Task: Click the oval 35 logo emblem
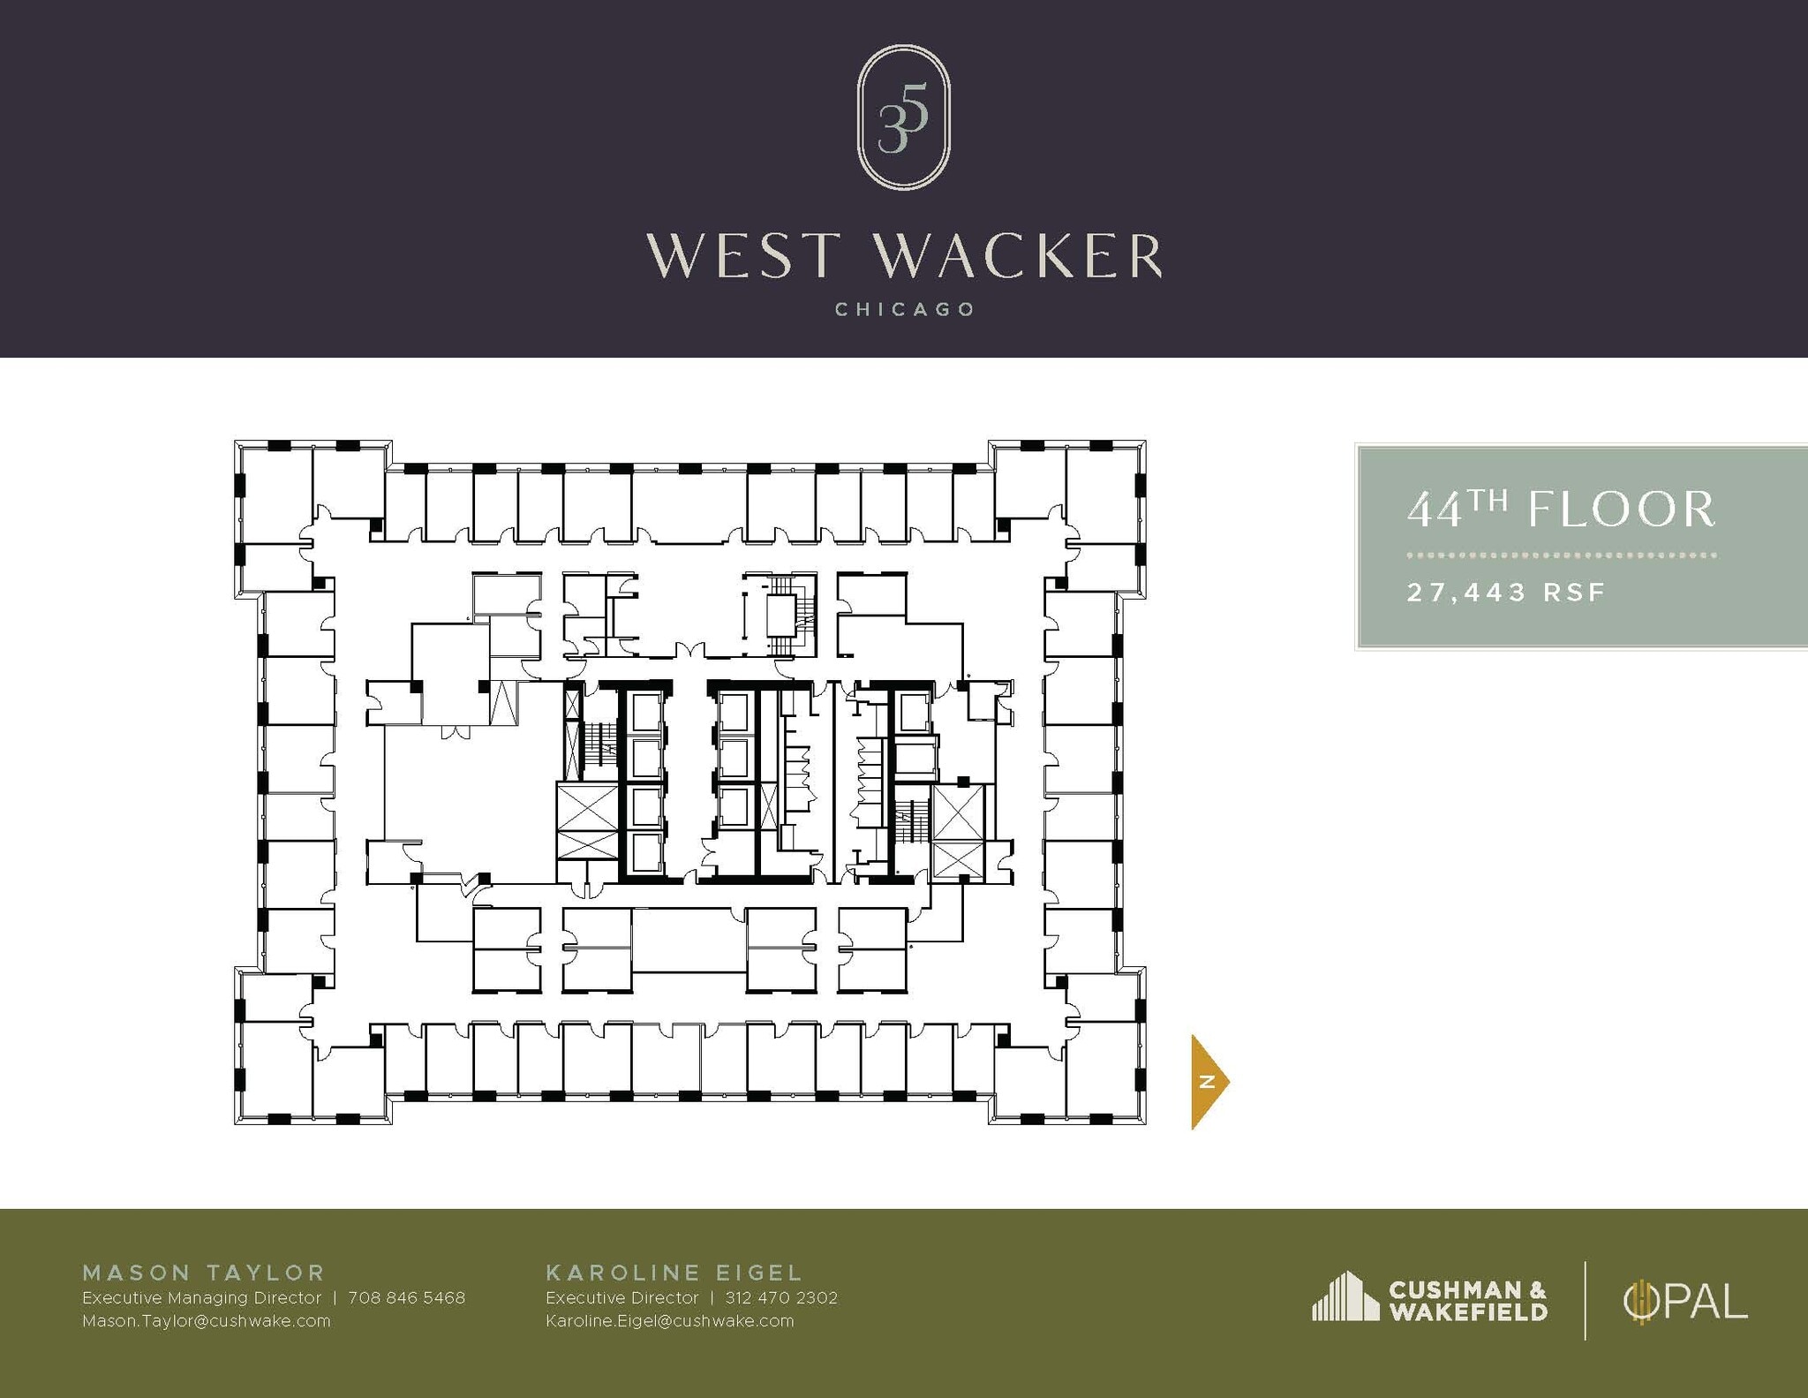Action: (903, 117)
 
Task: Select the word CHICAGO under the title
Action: (904, 310)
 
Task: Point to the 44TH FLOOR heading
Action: (1560, 510)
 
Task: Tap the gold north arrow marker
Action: (1208, 1082)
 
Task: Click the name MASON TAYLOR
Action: (204, 1273)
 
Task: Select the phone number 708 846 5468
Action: (406, 1298)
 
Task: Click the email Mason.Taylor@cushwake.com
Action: (206, 1321)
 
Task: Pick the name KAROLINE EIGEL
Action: (674, 1273)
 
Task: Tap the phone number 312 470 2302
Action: (780, 1298)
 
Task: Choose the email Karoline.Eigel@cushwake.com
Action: (669, 1321)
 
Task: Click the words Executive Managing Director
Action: (201, 1298)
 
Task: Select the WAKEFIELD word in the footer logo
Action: (1468, 1312)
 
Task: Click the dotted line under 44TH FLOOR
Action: (1561, 555)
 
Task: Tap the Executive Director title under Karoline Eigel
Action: (621, 1298)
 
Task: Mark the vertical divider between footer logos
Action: (1585, 1301)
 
